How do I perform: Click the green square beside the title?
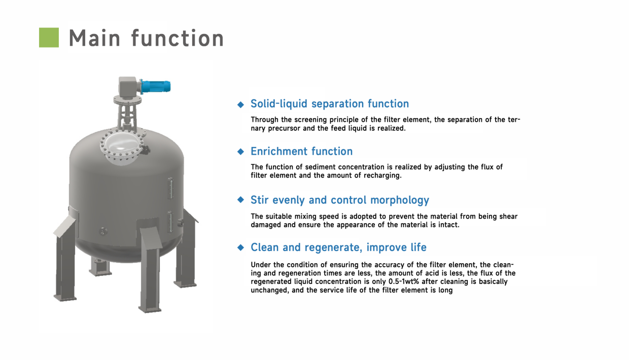click(49, 38)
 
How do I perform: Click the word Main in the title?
click(94, 39)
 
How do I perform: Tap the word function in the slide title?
click(178, 39)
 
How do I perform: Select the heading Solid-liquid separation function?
click(329, 104)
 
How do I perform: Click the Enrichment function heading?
click(301, 152)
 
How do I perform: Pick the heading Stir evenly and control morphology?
click(339, 200)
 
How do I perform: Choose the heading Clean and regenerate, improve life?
click(338, 248)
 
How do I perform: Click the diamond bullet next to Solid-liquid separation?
click(241, 104)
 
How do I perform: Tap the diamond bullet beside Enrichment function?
click(241, 152)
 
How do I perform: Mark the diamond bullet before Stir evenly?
click(241, 200)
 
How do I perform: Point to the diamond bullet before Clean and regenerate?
click(241, 248)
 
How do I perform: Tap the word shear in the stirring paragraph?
click(508, 217)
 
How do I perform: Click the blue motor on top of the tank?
click(155, 87)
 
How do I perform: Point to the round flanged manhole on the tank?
click(122, 145)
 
